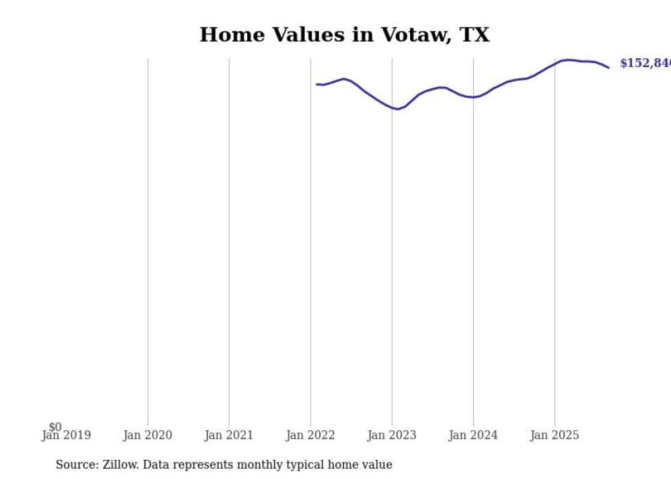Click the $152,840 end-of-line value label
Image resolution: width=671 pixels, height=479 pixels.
point(644,64)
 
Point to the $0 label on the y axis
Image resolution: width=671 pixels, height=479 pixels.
point(55,427)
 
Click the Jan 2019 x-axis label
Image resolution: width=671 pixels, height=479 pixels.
point(66,435)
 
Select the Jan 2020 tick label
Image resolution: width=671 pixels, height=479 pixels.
point(147,435)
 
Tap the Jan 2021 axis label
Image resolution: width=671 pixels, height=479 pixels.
point(229,435)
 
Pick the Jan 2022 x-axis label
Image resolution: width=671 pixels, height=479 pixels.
point(310,435)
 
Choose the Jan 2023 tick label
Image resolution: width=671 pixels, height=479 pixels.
point(392,435)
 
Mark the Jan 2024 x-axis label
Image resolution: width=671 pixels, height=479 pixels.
point(473,435)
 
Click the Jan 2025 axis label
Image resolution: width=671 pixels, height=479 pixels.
point(555,435)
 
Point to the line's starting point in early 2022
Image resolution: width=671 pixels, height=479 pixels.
point(317,84)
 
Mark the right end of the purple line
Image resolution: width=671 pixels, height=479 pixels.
point(608,67)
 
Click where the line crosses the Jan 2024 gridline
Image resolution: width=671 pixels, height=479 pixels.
point(473,97)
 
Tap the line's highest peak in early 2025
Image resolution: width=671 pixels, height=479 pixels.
point(568,60)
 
